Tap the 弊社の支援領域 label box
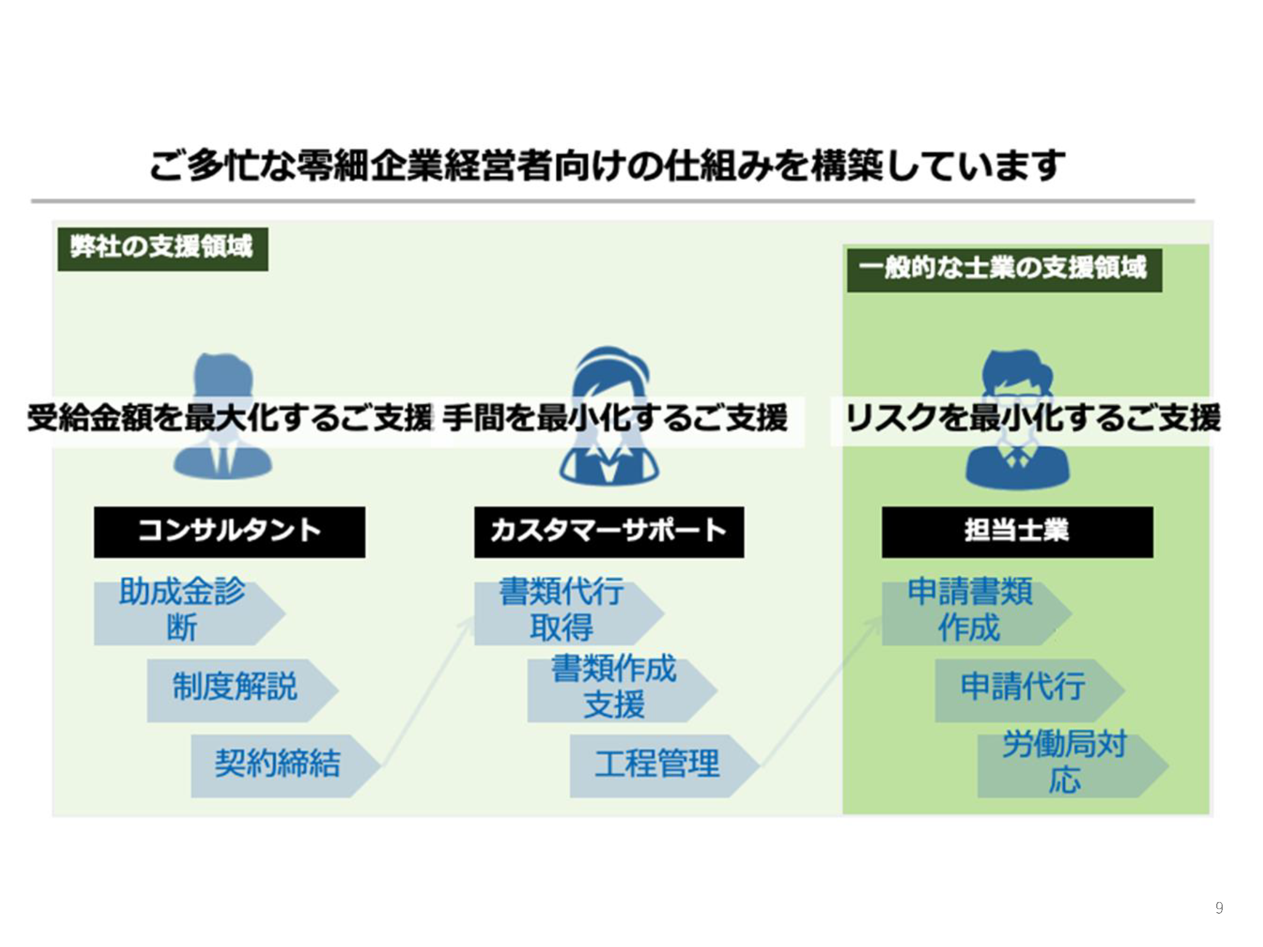(162, 249)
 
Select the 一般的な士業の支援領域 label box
(1004, 270)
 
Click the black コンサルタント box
(229, 532)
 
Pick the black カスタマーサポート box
(608, 532)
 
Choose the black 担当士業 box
(1017, 532)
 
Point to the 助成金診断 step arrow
(183, 613)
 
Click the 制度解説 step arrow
(237, 690)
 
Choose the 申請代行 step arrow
(1024, 690)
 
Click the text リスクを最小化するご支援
(1032, 419)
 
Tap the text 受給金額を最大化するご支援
(231, 419)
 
